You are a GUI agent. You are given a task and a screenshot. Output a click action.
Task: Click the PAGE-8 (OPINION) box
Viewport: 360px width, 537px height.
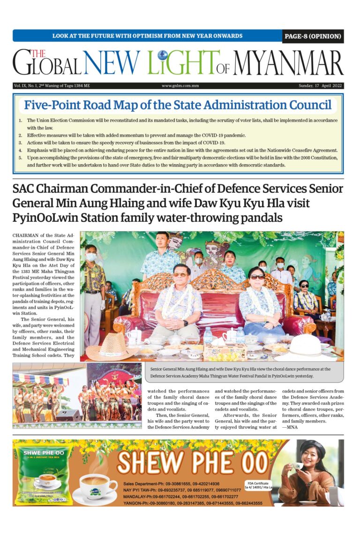point(313,36)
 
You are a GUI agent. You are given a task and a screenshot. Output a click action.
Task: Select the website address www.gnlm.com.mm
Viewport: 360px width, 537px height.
point(180,86)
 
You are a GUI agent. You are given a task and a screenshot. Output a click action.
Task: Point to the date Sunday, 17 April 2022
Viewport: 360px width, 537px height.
point(321,86)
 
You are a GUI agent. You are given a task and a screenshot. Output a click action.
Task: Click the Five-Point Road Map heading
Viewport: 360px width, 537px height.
point(178,105)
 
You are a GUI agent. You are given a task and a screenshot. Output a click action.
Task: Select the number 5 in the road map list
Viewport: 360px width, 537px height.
point(20,158)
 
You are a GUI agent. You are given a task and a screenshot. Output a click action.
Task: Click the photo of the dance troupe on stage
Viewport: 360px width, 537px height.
point(77,395)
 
